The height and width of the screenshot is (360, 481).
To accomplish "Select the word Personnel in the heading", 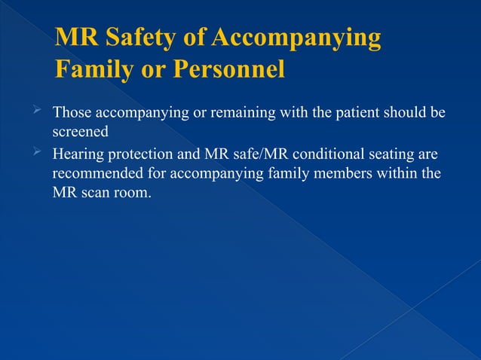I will point(229,70).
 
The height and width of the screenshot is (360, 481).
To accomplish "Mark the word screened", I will point(81,130).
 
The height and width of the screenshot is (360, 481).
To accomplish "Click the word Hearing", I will point(77,156).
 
